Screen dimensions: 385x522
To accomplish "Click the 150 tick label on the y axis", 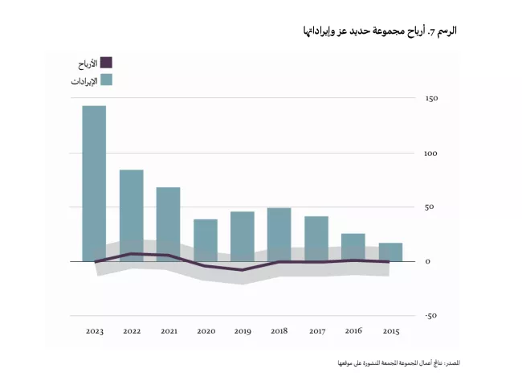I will coord(433,99).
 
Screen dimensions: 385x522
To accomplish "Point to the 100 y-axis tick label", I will coord(433,153).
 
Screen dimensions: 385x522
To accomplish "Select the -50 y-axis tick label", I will coord(432,316).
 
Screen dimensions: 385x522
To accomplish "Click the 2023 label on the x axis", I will coord(94,331).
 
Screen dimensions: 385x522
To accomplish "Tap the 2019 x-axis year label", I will coord(243,331).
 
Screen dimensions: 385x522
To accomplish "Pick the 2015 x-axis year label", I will coord(390,331).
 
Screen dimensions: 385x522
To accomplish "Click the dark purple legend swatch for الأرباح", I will coord(107,63).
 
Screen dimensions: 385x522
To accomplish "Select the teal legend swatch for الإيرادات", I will coord(107,80).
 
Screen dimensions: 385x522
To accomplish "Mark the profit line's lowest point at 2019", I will coord(243,270).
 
